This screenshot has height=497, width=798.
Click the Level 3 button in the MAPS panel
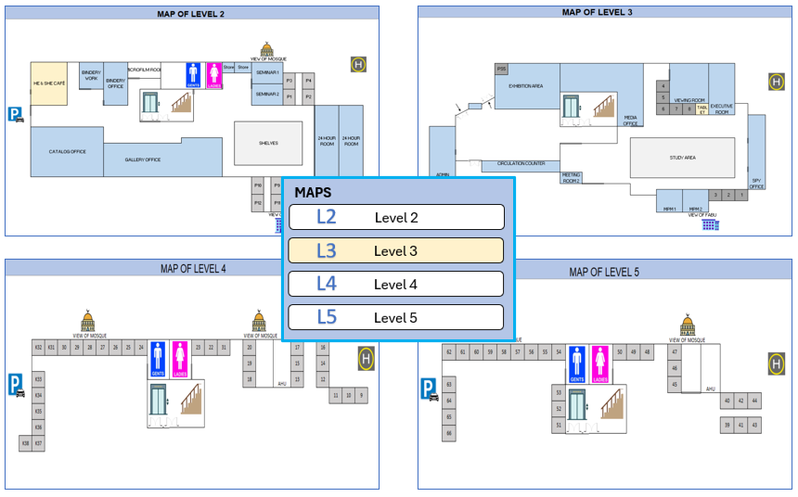[x=396, y=250]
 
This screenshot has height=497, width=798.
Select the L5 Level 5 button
[x=396, y=317]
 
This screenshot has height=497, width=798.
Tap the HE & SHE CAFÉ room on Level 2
[x=48, y=83]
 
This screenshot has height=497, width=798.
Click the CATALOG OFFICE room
[x=67, y=151]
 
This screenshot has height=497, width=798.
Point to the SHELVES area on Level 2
[x=268, y=143]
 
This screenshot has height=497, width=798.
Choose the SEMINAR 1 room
[x=267, y=72]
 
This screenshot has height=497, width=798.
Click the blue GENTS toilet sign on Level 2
[x=194, y=74]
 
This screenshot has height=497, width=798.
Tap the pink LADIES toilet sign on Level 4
[x=180, y=360]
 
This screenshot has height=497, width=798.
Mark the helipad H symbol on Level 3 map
[x=776, y=82]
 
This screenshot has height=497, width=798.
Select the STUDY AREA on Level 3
[x=683, y=158]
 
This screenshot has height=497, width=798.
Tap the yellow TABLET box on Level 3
[x=701, y=109]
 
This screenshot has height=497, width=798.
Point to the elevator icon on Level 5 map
[x=578, y=405]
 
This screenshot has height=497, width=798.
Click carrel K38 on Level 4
[x=25, y=444]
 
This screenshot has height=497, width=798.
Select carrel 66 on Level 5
[x=449, y=433]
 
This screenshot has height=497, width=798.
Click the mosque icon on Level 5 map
[x=687, y=326]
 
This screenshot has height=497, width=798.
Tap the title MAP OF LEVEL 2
[x=192, y=14]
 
